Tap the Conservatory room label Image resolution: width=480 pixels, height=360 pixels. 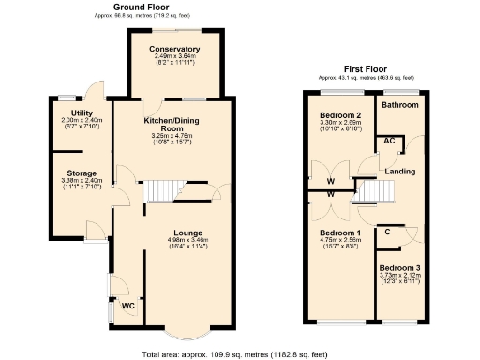click(174, 49)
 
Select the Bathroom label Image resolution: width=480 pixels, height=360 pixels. click(404, 106)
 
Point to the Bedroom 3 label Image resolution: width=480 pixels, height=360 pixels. click(401, 267)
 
